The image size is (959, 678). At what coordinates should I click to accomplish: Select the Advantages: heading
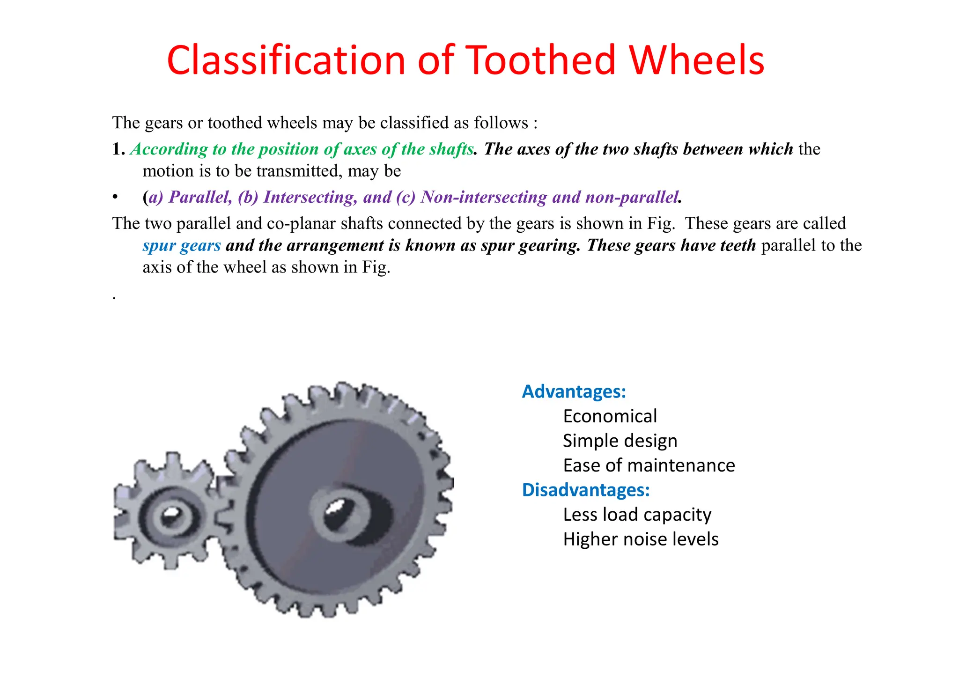coord(574,391)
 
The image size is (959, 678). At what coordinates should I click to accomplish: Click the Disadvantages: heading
coord(586,490)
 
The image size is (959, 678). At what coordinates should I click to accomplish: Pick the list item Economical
coord(610,416)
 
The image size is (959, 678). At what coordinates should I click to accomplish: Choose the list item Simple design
coord(620,441)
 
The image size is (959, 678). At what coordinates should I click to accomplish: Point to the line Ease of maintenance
coord(649,465)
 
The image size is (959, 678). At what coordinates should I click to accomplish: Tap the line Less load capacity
coord(637,515)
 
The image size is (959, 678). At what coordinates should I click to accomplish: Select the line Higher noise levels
coord(641,539)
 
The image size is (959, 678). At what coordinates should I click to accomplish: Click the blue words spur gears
coord(182,245)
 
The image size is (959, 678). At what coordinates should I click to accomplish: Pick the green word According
coord(169,149)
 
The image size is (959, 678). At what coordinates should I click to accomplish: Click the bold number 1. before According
coord(118,149)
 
